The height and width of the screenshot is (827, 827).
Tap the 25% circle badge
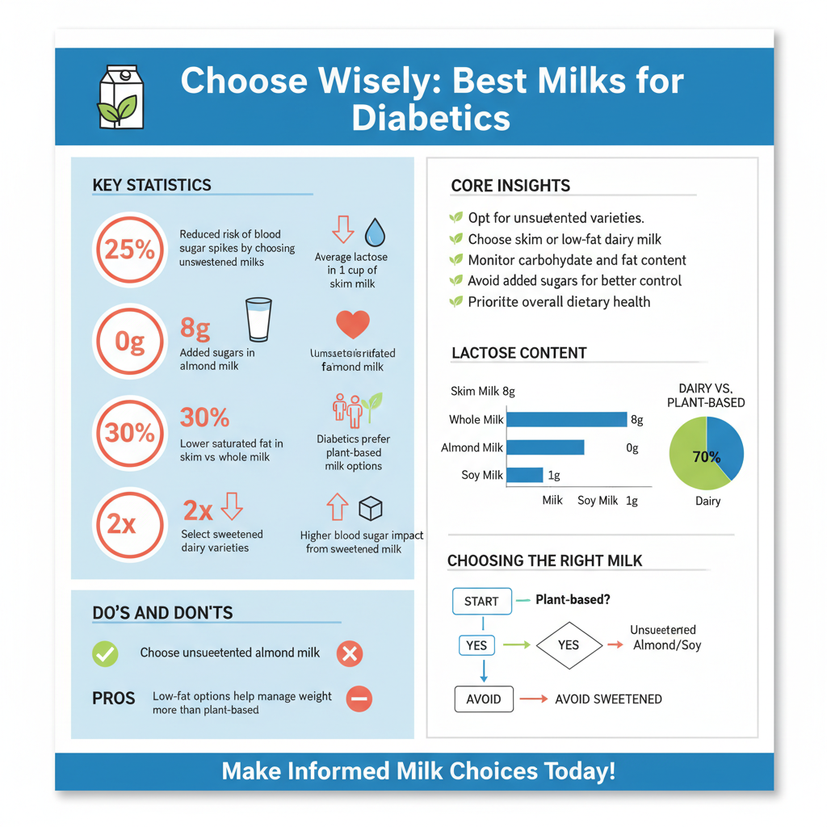[129, 250]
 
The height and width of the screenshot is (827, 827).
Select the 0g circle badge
[129, 342]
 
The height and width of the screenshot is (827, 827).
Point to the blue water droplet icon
[376, 232]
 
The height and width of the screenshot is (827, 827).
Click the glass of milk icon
[258, 320]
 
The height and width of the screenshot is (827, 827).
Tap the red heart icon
[352, 324]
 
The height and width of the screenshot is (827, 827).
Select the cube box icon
[370, 509]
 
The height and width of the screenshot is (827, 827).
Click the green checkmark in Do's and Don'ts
[105, 653]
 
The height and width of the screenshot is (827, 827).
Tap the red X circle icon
[350, 653]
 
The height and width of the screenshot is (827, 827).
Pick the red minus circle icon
[359, 699]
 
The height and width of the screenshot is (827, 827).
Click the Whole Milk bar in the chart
[565, 419]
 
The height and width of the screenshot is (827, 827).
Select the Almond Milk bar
[544, 447]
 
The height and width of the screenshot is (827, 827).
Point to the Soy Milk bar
[524, 475]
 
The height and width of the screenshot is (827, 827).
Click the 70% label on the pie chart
[706, 457]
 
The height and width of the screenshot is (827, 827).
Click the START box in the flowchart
[481, 602]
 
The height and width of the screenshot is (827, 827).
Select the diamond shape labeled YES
[569, 645]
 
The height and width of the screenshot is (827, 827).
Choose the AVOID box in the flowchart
[484, 699]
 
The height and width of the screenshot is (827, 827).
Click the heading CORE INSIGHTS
[510, 186]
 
